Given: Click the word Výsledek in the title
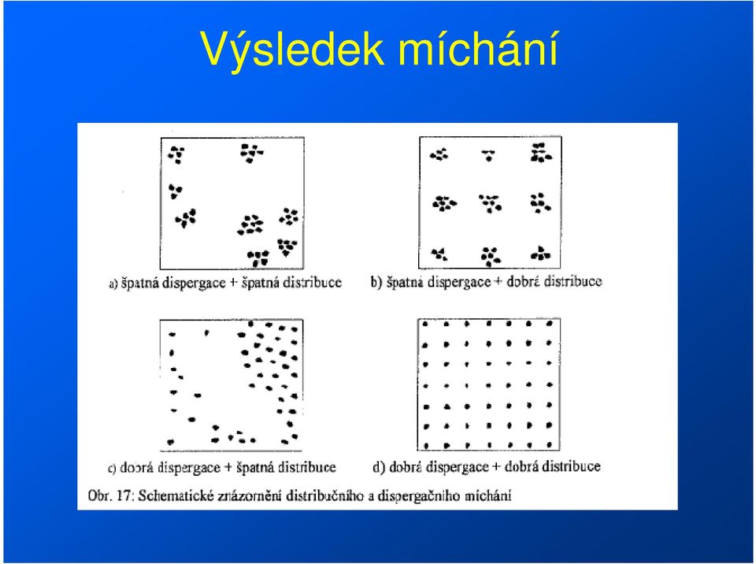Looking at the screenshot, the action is coord(292,49).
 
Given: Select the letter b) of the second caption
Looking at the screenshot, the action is coord(376,282).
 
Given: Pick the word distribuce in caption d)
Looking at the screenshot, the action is coord(572,466).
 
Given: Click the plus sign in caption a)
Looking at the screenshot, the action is coord(233,283).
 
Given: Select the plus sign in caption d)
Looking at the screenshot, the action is coord(497,467).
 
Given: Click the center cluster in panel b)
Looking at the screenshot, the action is coord(491,203).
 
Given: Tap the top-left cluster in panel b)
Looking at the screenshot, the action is coord(439,154).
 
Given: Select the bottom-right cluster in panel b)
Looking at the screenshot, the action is coord(540,254).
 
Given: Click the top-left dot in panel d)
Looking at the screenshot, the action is coord(425,325).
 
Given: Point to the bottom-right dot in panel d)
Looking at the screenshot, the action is coord(550,445).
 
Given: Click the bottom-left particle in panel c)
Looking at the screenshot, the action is coord(170,441).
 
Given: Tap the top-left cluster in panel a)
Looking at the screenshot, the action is coord(176,155).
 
